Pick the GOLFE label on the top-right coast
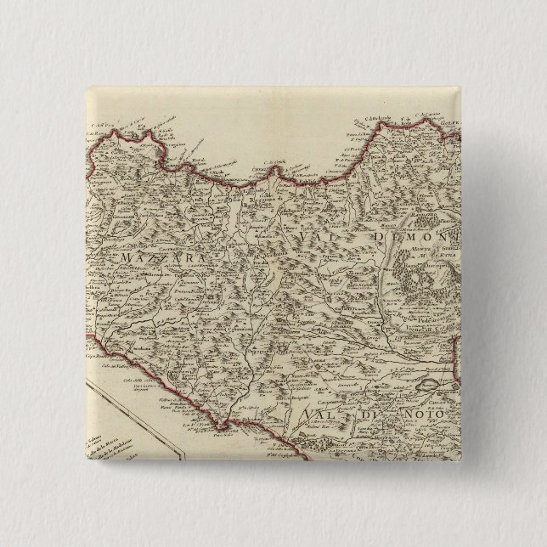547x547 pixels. coord(448,122)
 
